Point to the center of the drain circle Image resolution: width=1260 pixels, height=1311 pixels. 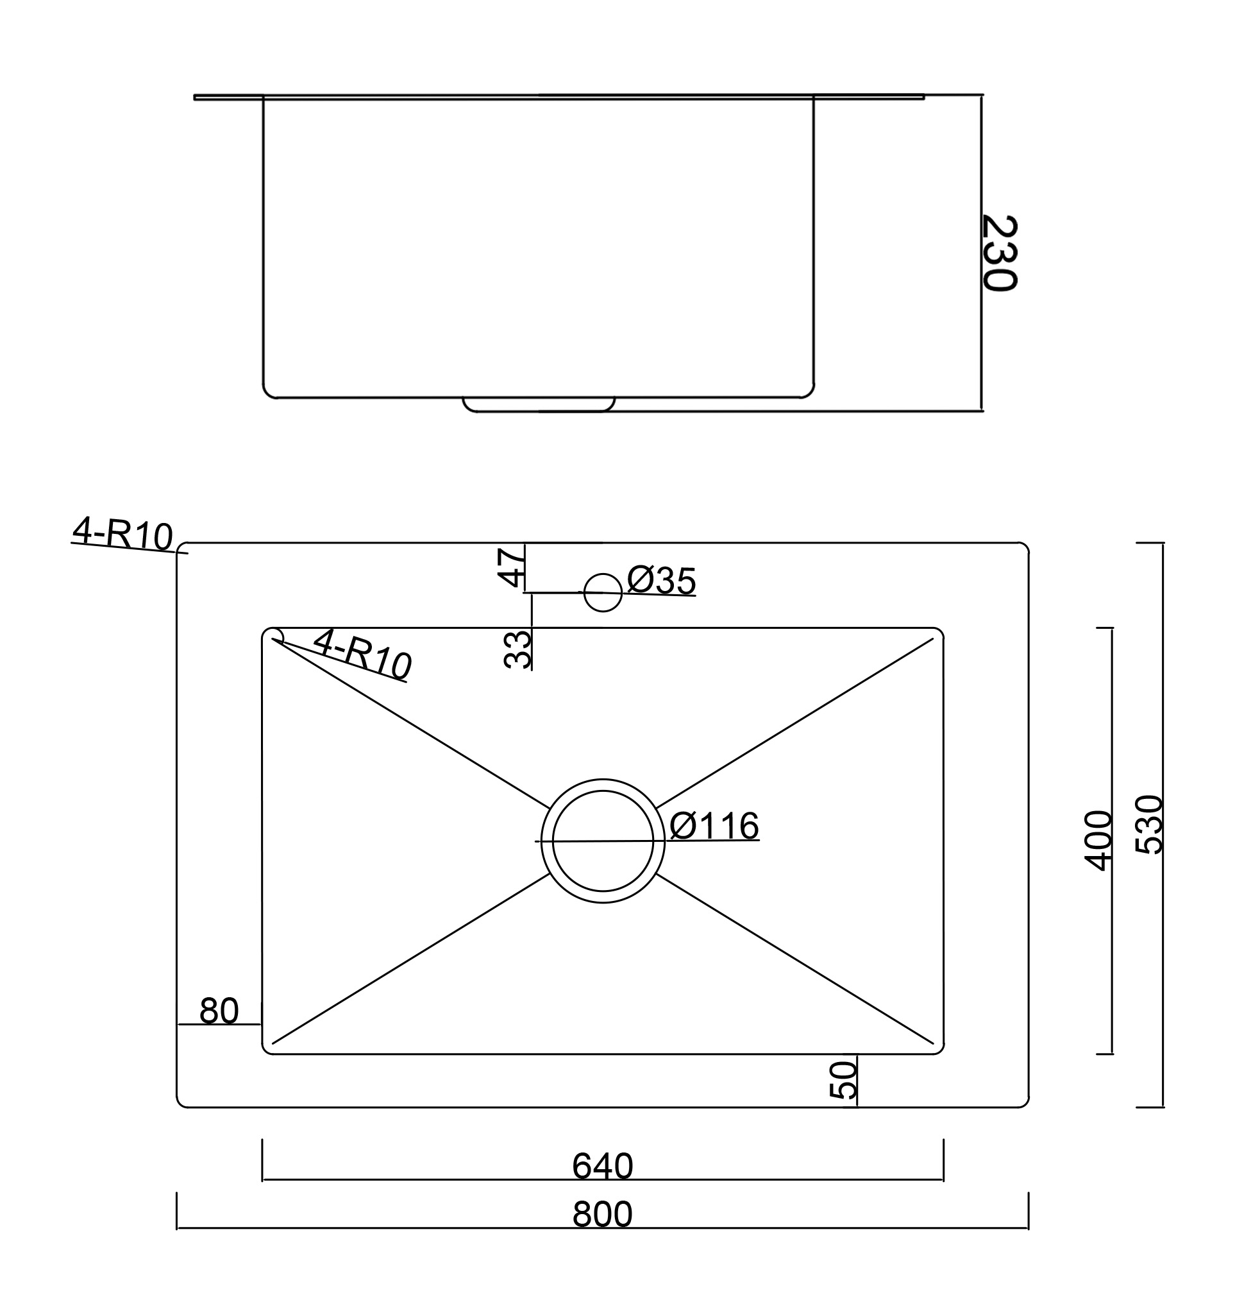tap(603, 841)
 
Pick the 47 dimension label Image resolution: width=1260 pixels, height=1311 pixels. tap(511, 567)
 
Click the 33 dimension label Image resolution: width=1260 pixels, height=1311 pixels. tap(517, 649)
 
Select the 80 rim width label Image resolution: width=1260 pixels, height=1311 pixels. tap(219, 1011)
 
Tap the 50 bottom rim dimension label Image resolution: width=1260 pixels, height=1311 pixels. tap(843, 1079)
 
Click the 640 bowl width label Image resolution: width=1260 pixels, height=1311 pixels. tap(602, 1167)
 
